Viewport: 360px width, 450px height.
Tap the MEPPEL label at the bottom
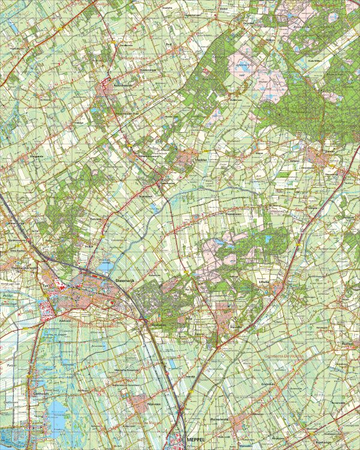[x=196, y=439]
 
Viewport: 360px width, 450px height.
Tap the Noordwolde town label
[x=123, y=86]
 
